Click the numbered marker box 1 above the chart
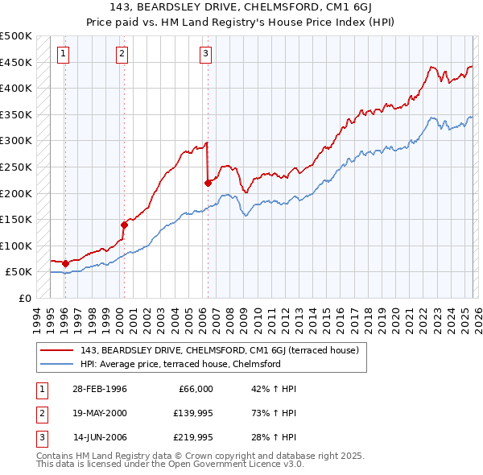pos(63,54)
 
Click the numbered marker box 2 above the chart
pos(122,54)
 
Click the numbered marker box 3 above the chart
pos(205,54)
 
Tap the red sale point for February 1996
pos(65,263)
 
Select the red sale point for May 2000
pos(124,225)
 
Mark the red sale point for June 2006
pos(208,183)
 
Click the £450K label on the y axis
pos(16,62)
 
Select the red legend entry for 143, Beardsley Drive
pos(224,350)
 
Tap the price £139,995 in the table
pos(191,413)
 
